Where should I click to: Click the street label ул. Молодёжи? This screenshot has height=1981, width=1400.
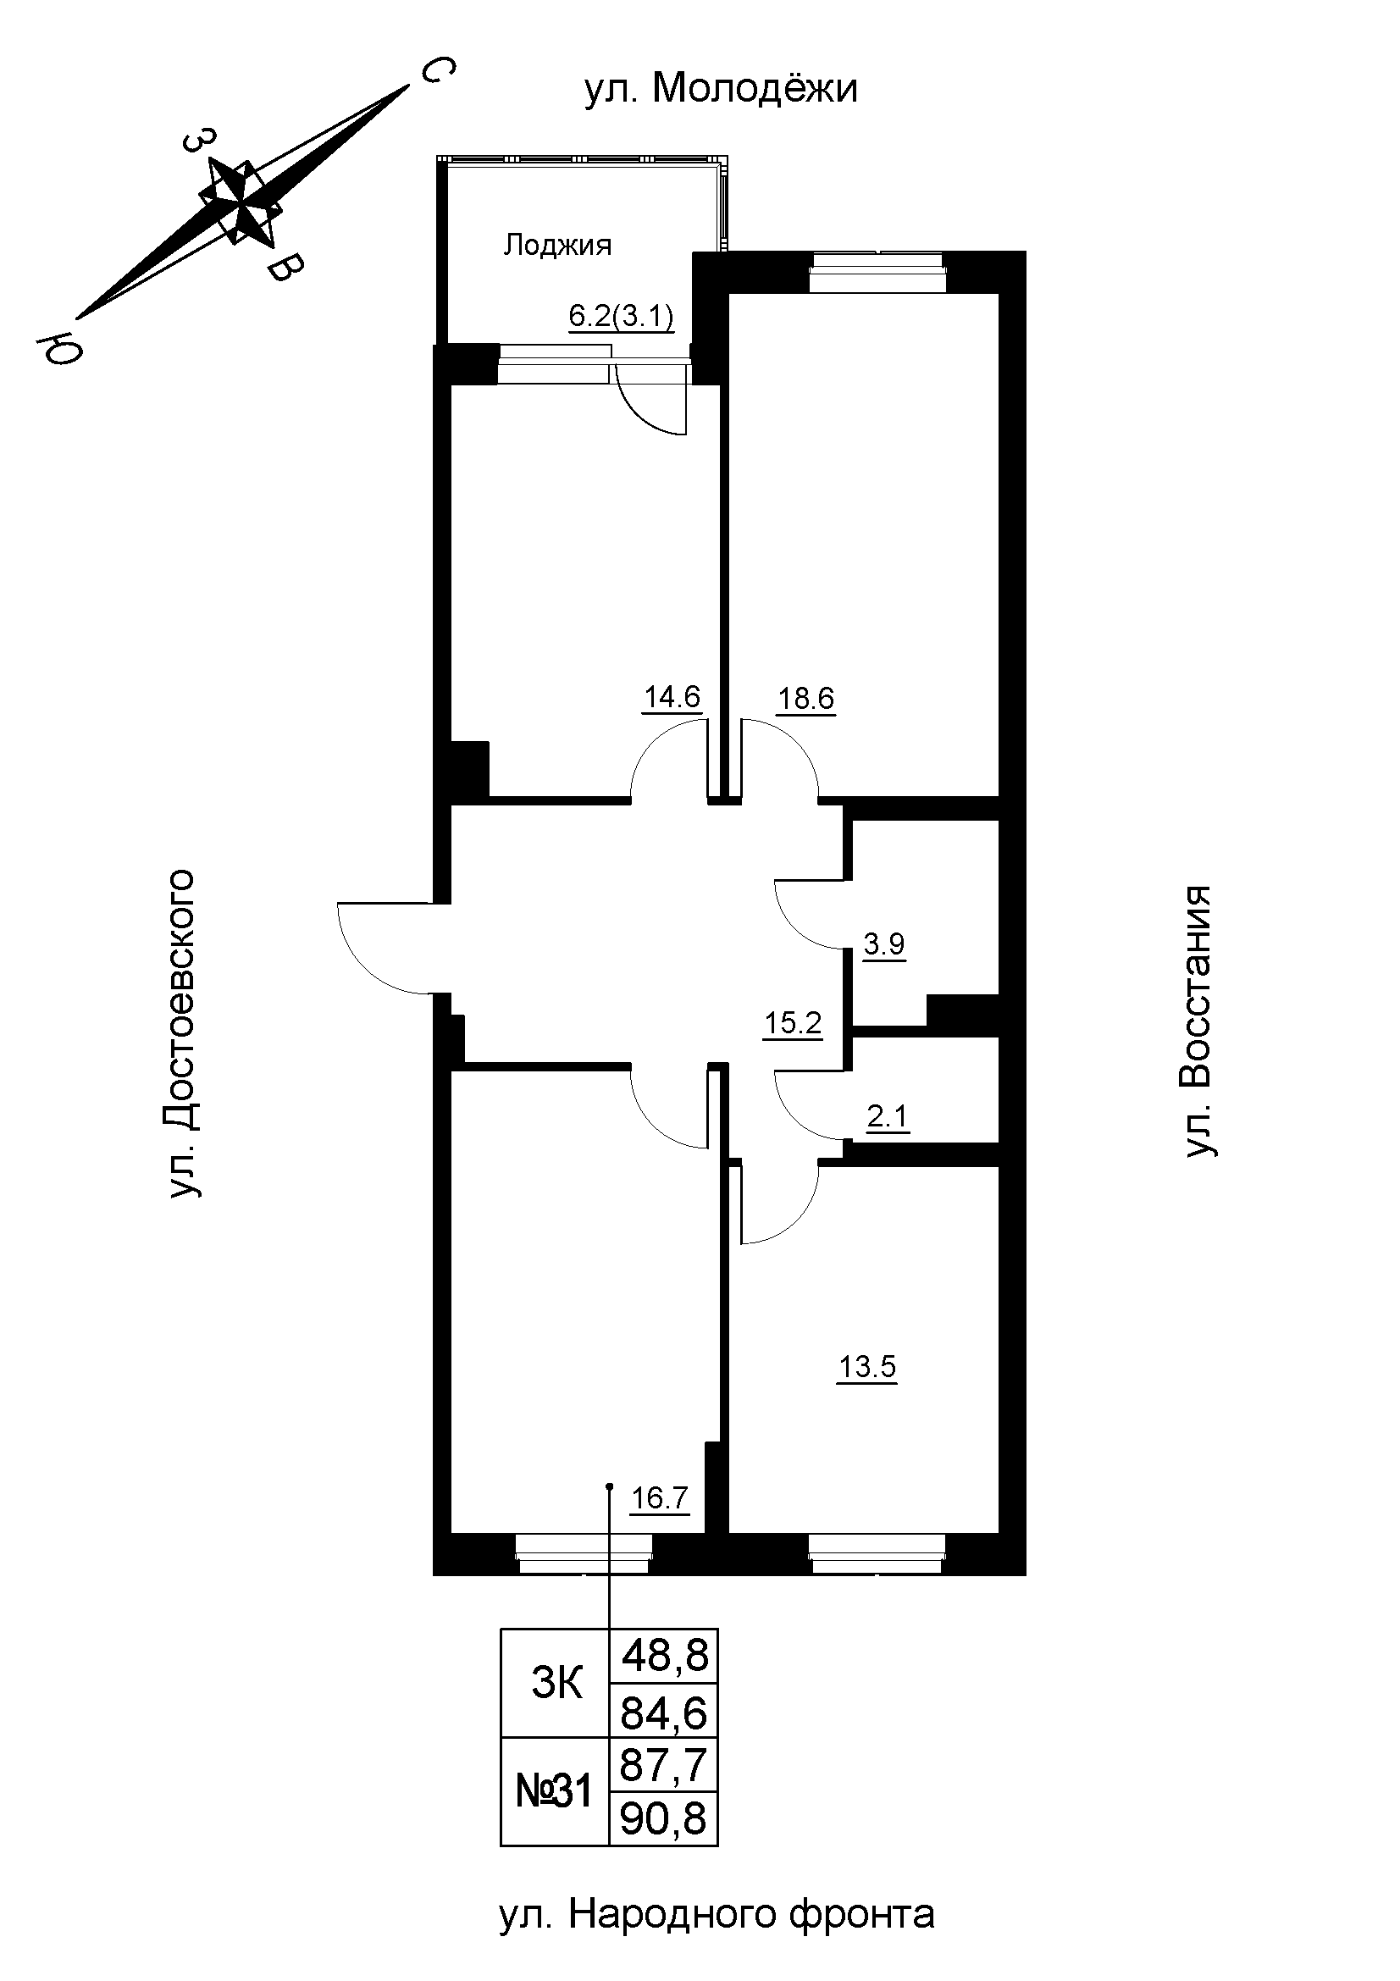point(721,89)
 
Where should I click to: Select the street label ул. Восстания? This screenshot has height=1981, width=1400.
point(1198,1020)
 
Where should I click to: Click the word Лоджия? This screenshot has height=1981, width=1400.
point(557,246)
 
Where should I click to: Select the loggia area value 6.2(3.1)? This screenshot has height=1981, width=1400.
point(621,318)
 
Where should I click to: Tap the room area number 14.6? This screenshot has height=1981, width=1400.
point(672,696)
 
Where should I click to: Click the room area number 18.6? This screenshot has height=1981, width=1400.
point(806,698)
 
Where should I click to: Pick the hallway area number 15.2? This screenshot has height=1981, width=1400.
point(793,1024)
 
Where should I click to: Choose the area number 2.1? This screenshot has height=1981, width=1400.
point(888,1118)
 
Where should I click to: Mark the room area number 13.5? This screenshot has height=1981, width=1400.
point(867,1368)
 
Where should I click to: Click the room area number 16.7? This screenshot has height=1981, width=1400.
point(660,1499)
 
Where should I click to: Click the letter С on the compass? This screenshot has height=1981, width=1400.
point(436,72)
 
